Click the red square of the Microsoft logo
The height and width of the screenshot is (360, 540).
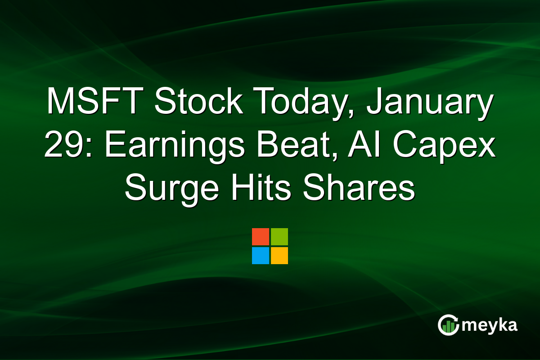coord(261,237)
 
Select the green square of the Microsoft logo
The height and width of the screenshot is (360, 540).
coord(279,237)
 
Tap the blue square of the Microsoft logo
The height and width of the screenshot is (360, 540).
coord(261,256)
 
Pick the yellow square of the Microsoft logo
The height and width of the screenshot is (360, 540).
coord(279,256)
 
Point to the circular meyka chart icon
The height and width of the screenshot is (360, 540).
coord(449,325)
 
